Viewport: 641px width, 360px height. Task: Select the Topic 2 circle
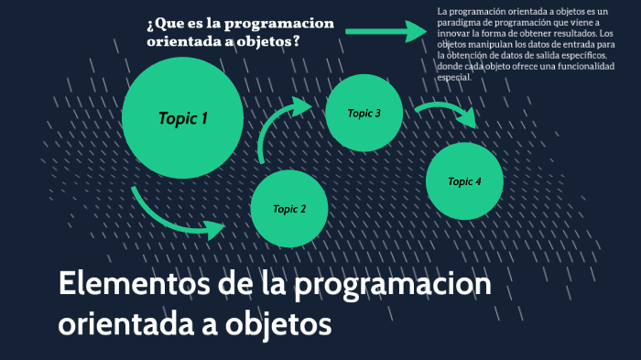coord(289,209)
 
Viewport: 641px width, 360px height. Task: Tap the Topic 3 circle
coord(364,114)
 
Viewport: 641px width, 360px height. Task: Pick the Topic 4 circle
coord(465,181)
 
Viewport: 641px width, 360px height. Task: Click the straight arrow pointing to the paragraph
coord(386,31)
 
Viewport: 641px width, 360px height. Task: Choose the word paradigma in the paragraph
coord(462,22)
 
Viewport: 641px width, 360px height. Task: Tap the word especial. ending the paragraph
coord(454,77)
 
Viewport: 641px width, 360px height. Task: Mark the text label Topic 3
coord(364,114)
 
